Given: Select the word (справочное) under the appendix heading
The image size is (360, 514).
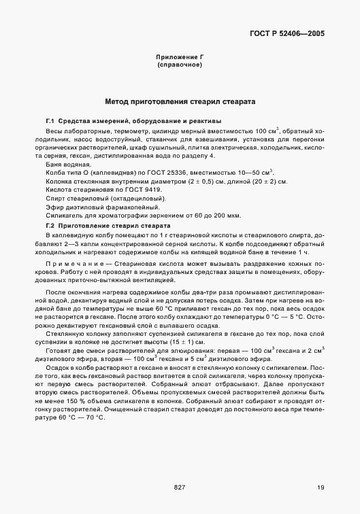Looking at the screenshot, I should (180, 65).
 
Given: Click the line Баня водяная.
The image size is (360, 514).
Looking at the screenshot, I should (68, 165).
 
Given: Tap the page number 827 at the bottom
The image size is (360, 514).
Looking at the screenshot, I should (180, 487).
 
